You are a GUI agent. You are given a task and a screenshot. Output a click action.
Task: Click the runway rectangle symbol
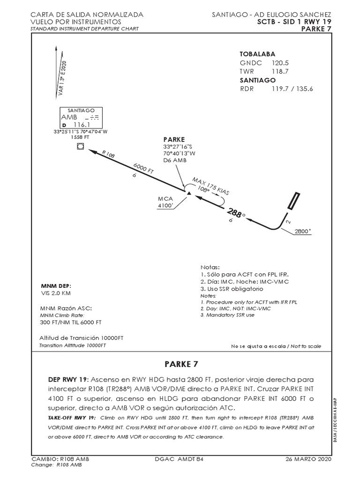[x=294, y=201]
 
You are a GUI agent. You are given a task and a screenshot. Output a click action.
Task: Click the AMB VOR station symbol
[x=80, y=147]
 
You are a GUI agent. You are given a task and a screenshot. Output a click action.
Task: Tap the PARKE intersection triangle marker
[x=188, y=193]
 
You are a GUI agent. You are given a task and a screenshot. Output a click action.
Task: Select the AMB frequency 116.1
[x=82, y=125]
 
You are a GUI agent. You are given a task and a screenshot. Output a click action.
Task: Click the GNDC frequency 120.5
[x=280, y=62]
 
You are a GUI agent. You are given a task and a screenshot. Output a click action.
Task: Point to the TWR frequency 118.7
[x=280, y=71]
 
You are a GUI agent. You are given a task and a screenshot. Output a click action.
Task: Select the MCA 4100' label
[x=166, y=202]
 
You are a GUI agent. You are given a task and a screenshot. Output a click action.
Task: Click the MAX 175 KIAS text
[x=211, y=187]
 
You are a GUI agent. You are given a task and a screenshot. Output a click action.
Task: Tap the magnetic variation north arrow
[x=58, y=70]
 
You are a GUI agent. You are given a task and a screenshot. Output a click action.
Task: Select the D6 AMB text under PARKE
[x=175, y=160]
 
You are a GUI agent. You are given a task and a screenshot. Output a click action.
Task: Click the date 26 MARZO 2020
[x=308, y=459]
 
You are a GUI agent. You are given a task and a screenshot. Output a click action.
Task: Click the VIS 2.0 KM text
[x=56, y=293]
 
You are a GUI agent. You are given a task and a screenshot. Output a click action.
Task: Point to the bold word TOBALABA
[x=257, y=54]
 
